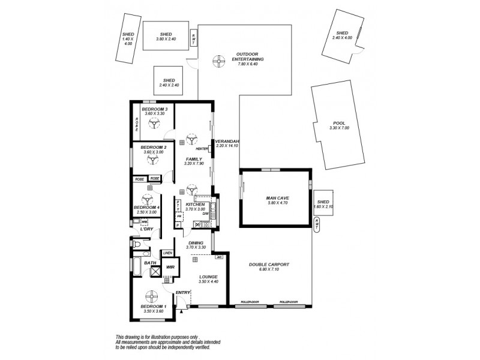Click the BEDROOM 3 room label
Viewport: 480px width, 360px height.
pyautogui.click(x=154, y=109)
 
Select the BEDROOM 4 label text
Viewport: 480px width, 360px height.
pyautogui.click(x=146, y=208)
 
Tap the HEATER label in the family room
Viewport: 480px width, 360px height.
pyautogui.click(x=202, y=148)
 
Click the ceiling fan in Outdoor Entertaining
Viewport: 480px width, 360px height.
pyautogui.click(x=219, y=59)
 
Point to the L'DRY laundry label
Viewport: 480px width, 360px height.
pyautogui.click(x=146, y=229)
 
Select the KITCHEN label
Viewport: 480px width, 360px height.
pyautogui.click(x=195, y=205)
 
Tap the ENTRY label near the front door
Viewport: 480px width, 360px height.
pyautogui.click(x=182, y=292)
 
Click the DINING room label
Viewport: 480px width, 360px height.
pyautogui.click(x=196, y=243)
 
